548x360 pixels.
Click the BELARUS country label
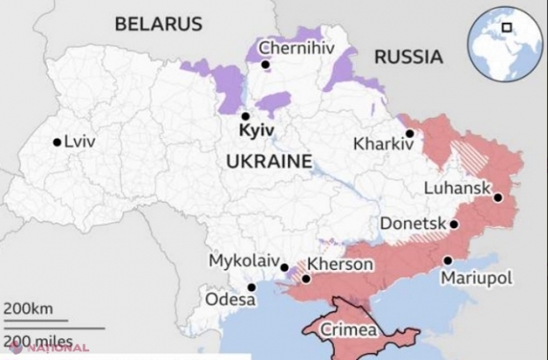[x=157, y=23]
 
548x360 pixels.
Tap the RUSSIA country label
[x=407, y=57]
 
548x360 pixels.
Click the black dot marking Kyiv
[x=245, y=116]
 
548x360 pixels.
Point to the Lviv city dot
[x=57, y=142]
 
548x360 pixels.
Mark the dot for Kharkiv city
[x=410, y=134]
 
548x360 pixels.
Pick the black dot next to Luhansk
[x=499, y=198]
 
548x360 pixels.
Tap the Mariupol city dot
[x=448, y=260]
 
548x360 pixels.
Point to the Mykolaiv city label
[x=241, y=262]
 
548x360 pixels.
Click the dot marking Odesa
[x=251, y=287]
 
